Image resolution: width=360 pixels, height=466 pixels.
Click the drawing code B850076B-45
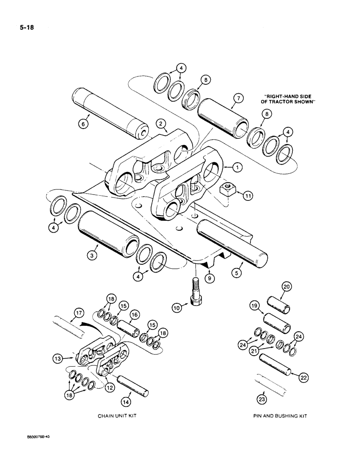coord(41,451)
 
